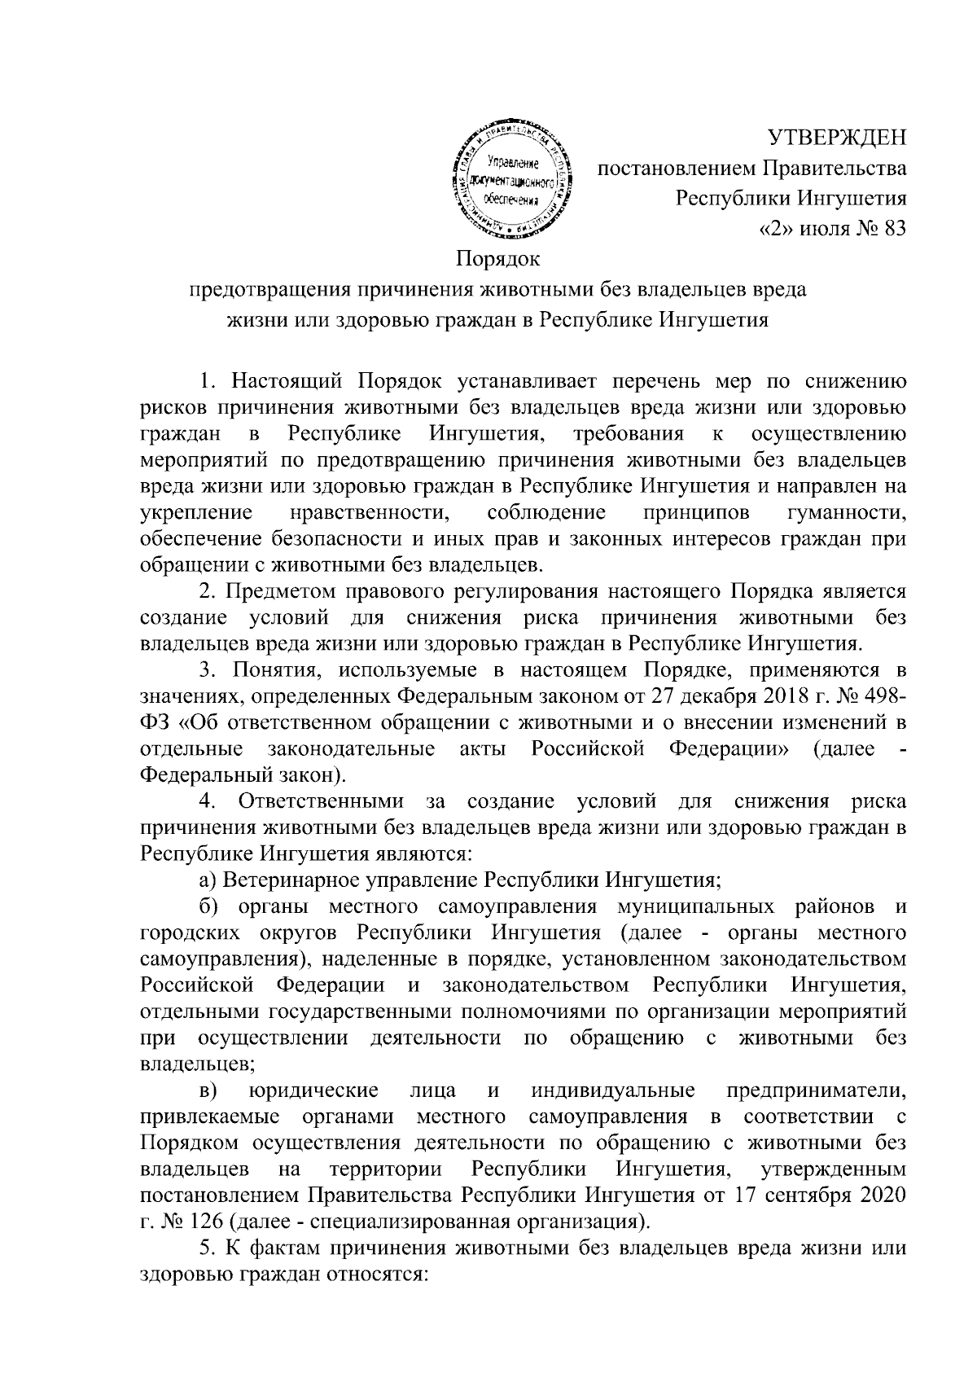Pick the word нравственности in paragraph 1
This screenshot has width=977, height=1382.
370,512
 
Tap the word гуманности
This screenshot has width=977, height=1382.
848,512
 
